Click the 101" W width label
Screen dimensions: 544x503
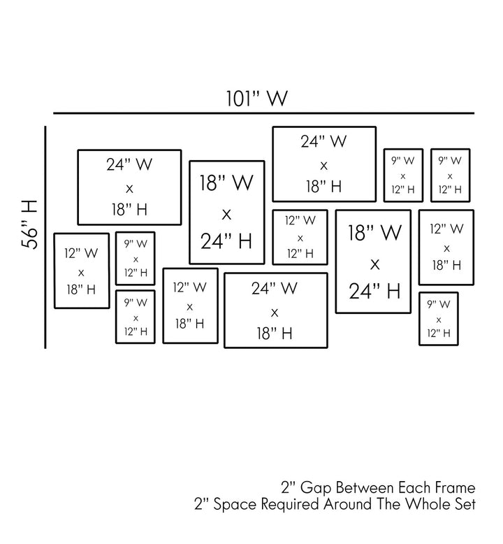click(x=256, y=98)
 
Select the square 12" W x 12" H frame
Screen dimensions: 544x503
click(x=300, y=237)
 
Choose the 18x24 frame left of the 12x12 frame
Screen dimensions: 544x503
click(x=226, y=213)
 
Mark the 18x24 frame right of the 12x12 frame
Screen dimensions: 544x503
click(x=374, y=261)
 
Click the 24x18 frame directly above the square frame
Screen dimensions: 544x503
click(x=324, y=164)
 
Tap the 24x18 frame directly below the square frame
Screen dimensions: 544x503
click(x=275, y=310)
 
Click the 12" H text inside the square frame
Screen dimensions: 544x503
click(x=300, y=254)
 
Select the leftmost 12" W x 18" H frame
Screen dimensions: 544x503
click(x=81, y=271)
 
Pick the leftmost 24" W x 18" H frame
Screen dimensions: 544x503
click(x=129, y=187)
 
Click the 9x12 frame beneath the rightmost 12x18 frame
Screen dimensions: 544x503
click(x=438, y=319)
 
